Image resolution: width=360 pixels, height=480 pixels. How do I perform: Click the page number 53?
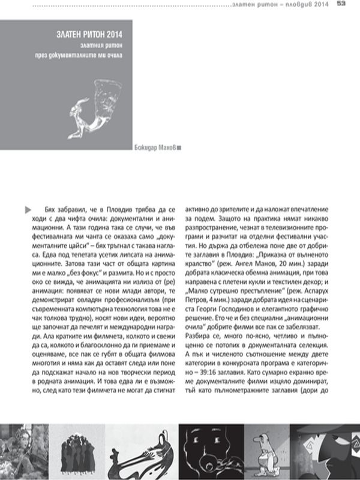click(341, 4)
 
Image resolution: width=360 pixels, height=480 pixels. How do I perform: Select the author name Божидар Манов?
click(154, 148)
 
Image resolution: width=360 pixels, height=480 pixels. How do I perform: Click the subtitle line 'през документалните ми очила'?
click(87, 54)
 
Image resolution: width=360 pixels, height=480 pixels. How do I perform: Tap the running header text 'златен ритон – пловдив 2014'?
click(281, 4)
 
